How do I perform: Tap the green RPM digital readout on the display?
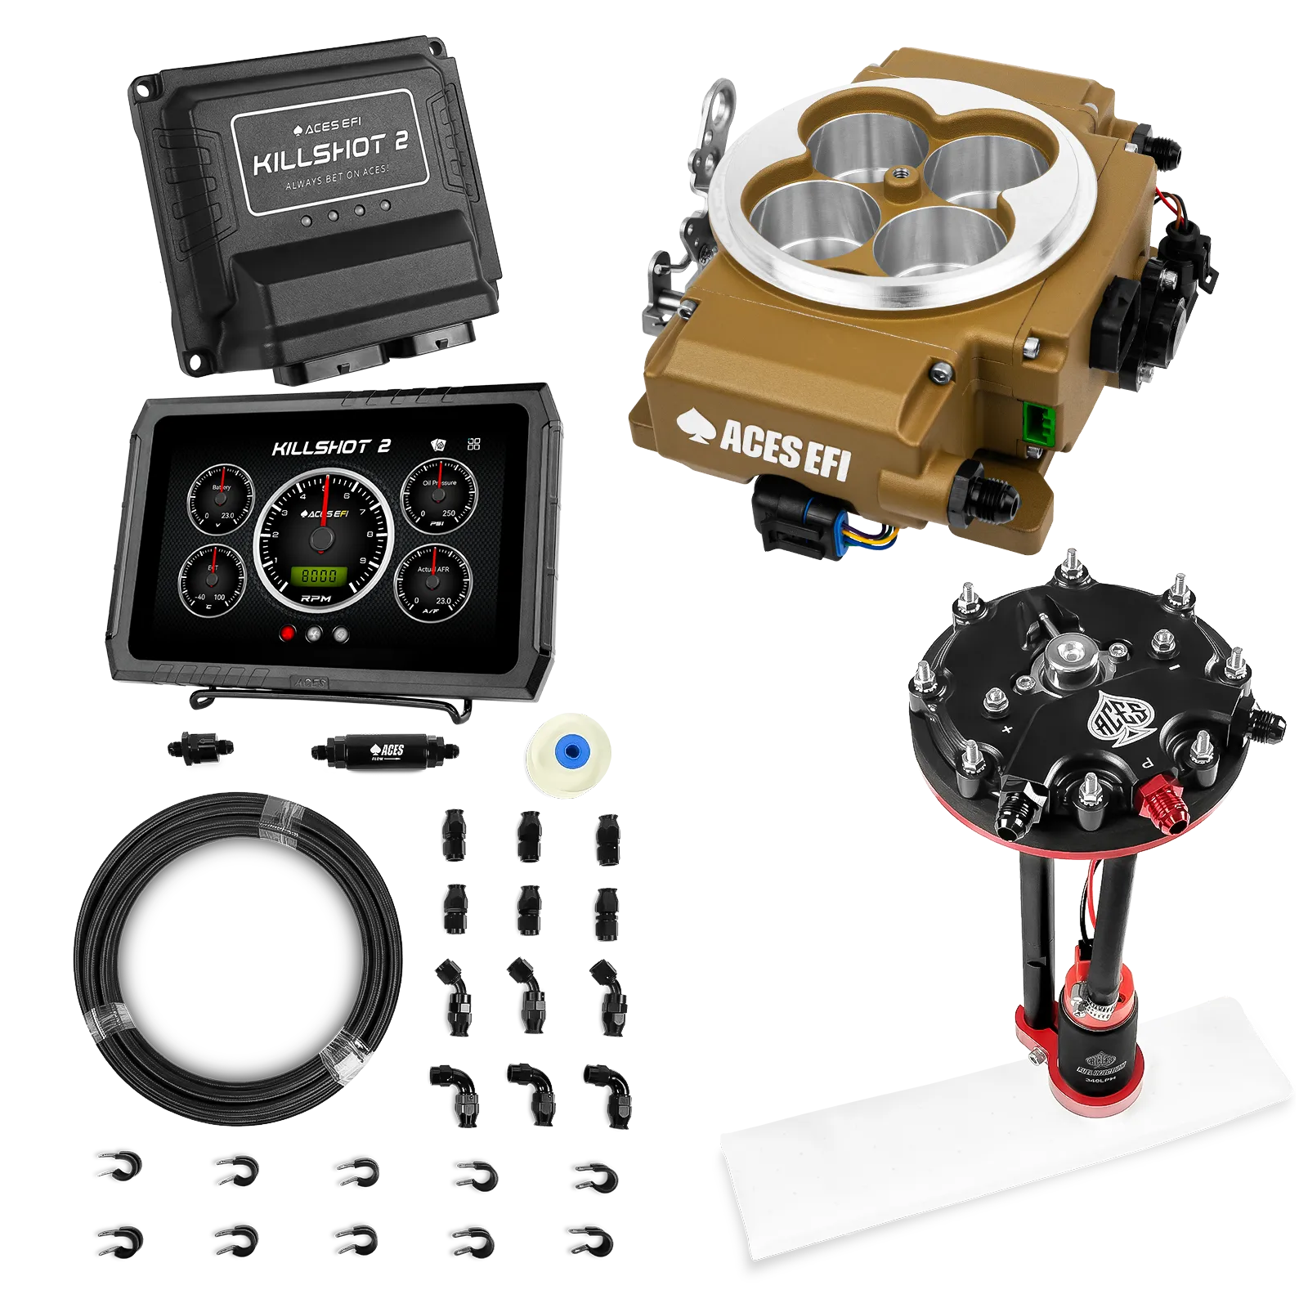click(320, 576)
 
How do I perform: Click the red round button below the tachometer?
click(287, 634)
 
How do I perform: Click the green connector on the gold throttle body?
click(1038, 422)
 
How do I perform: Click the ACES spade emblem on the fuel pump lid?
click(1118, 718)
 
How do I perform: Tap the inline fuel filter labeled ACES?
click(384, 750)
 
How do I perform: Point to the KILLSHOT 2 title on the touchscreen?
click(331, 447)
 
